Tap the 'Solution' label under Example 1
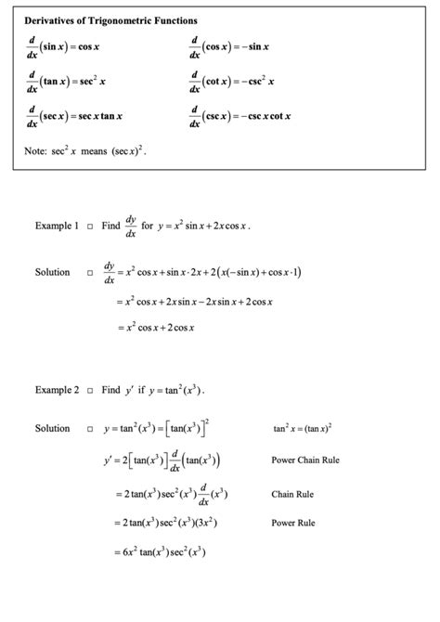52,272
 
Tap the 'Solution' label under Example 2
52,428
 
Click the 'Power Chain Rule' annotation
305,460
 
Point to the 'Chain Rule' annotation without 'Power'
292,495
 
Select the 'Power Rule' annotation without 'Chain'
292,523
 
